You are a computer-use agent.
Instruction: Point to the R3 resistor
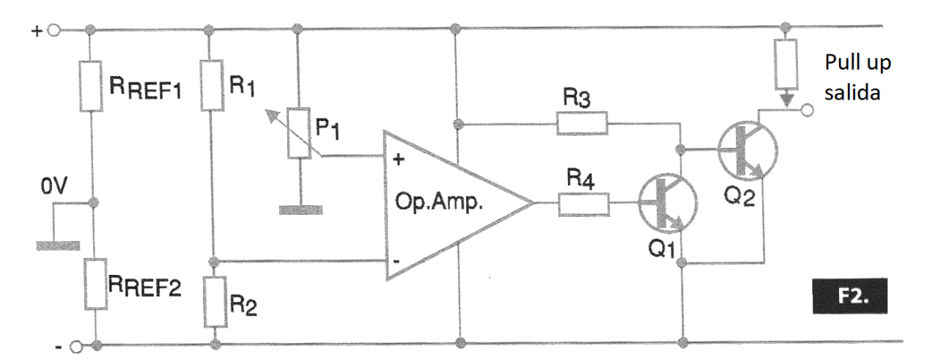point(582,123)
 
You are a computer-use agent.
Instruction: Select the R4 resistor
point(583,204)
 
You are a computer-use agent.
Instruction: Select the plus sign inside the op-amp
point(398,161)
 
